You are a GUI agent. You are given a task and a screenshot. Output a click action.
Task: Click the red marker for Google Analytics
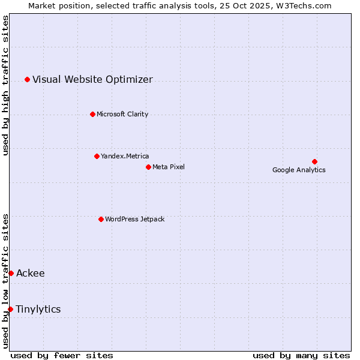(x=314, y=161)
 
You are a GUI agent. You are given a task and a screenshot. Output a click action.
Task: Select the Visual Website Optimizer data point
(x=27, y=79)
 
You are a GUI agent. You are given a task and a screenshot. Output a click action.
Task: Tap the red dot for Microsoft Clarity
(x=92, y=114)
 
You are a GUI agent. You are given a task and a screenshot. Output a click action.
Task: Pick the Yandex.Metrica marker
(x=97, y=156)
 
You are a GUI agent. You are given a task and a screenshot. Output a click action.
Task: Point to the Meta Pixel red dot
(x=148, y=167)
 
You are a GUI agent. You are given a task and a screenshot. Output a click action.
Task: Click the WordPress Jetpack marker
(x=101, y=219)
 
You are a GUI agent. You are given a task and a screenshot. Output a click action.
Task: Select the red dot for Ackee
(x=11, y=273)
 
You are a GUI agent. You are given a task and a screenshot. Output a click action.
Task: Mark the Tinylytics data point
(x=10, y=309)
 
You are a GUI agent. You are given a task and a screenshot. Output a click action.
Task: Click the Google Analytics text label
(x=299, y=170)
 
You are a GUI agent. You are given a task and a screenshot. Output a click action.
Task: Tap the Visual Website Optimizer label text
(x=92, y=79)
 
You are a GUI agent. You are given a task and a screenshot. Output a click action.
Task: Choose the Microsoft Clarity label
(x=122, y=114)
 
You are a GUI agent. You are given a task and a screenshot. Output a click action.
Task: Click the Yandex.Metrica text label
(x=125, y=156)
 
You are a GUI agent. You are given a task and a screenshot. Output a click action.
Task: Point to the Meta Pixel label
(x=169, y=167)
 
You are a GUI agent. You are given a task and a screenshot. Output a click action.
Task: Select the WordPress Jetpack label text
(x=134, y=219)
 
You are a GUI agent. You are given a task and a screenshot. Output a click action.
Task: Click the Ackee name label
(x=30, y=274)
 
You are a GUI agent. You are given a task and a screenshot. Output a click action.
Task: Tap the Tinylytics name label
(x=38, y=310)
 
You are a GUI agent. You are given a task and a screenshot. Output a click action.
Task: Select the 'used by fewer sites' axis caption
(x=62, y=355)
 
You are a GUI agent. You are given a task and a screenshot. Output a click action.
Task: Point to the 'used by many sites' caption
(x=301, y=355)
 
